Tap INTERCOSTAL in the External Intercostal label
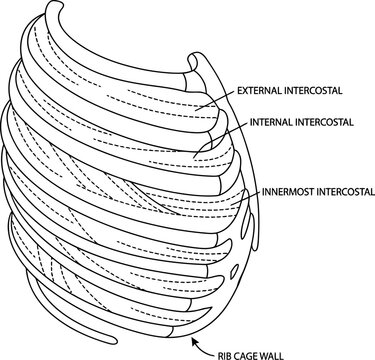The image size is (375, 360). tap(313, 90)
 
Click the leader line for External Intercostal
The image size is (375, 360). tap(215, 98)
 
